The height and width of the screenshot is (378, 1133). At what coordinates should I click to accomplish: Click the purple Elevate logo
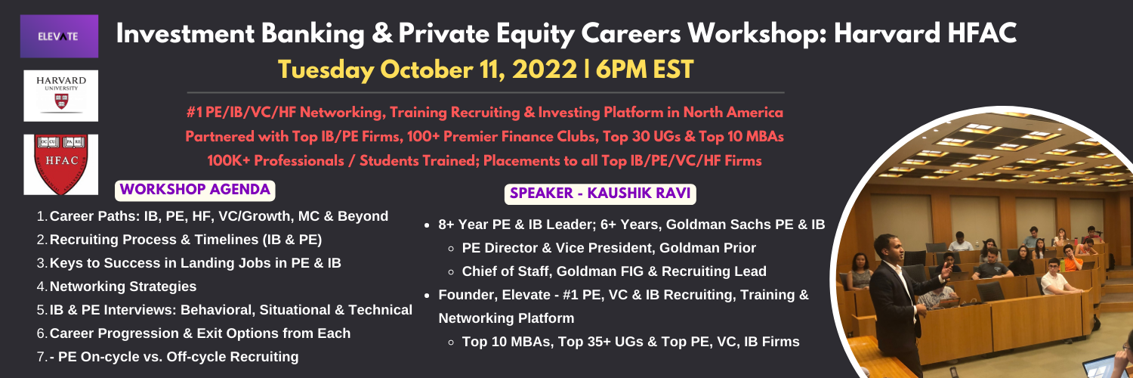pyautogui.click(x=59, y=36)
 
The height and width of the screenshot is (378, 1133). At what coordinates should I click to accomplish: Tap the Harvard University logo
pyautogui.click(x=60, y=96)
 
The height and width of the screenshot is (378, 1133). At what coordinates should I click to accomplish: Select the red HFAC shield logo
pyautogui.click(x=60, y=165)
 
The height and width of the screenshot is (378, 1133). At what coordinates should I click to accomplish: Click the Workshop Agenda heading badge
pyautogui.click(x=195, y=190)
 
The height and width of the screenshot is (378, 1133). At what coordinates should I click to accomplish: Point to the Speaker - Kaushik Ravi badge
pyautogui.click(x=600, y=194)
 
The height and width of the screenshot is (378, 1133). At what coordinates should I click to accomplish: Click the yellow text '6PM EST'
pyautogui.click(x=644, y=70)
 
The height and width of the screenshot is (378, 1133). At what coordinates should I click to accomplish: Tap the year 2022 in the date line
pyautogui.click(x=545, y=70)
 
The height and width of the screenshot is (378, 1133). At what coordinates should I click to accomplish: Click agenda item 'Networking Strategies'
pyautogui.click(x=123, y=287)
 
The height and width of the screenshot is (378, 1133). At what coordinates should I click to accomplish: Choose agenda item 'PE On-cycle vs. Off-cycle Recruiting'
pyautogui.click(x=178, y=357)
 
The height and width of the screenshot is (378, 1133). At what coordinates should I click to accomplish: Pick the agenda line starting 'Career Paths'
pyautogui.click(x=218, y=216)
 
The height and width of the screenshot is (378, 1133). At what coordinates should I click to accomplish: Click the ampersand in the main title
pyautogui.click(x=384, y=34)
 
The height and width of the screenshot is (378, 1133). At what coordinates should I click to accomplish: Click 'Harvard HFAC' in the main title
pyautogui.click(x=925, y=34)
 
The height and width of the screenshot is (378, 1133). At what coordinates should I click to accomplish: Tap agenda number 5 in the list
pyautogui.click(x=42, y=310)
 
